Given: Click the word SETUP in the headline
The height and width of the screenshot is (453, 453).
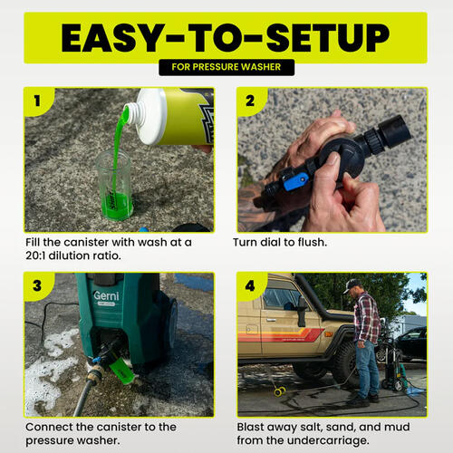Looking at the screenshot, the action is click(328, 38).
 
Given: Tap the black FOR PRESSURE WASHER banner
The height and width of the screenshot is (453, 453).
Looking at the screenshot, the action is click(226, 67).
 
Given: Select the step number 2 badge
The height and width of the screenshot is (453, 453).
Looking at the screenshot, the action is click(251, 101).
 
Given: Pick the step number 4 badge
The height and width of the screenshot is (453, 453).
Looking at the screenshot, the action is click(251, 285).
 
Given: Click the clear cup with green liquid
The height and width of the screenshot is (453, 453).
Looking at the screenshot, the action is click(114, 185).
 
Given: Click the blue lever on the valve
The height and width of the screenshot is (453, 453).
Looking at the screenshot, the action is click(295, 181).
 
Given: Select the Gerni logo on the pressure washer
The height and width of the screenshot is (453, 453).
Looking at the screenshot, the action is click(106, 295).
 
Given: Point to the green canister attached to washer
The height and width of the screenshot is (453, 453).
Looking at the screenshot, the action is click(121, 371).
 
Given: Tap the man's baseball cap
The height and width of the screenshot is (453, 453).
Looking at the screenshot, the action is click(352, 284).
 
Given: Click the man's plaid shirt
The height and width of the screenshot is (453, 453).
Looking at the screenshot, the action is click(367, 317).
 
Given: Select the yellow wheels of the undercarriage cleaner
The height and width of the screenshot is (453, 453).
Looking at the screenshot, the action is click(280, 391).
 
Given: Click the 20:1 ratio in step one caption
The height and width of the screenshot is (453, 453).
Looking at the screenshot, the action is click(35, 255).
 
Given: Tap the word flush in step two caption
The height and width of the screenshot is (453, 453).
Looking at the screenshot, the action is click(313, 242).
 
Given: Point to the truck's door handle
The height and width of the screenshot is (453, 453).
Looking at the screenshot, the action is click(271, 320).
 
